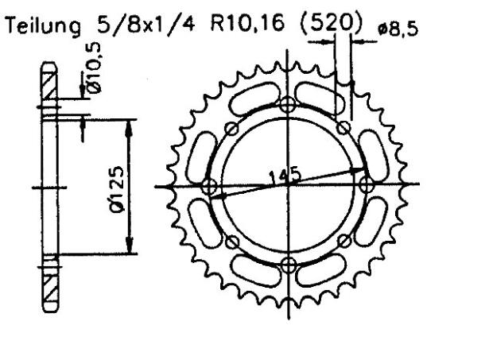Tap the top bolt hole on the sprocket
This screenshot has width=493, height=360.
pos(288,103)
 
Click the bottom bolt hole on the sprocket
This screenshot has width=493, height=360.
pos(288,264)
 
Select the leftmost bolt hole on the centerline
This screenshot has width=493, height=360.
pos(210,186)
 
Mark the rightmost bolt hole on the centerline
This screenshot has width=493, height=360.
pos(367,184)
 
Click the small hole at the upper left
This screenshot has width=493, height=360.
pos(231,130)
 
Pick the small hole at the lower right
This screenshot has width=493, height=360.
pos(344,241)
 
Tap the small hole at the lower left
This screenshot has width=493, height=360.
pos(232,242)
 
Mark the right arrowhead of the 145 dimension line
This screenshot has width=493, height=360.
pos(359,169)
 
